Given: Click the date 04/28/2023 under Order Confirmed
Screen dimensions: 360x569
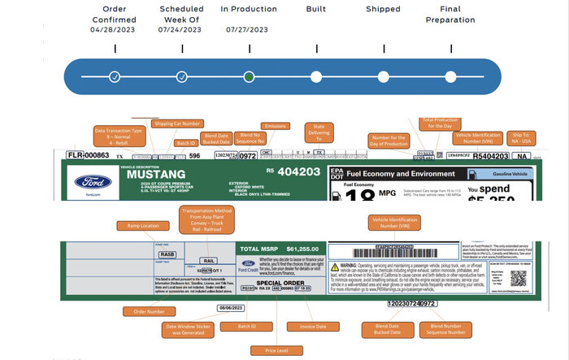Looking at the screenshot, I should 115,29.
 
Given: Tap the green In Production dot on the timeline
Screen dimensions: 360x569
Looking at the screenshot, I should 249,77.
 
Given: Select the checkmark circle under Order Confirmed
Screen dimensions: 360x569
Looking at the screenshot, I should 115,77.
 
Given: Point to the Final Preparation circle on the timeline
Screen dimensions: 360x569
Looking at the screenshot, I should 450,77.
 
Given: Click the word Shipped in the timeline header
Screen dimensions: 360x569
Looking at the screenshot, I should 383,9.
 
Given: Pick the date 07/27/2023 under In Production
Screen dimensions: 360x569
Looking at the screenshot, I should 248,29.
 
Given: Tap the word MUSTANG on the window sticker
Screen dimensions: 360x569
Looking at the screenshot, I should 147,175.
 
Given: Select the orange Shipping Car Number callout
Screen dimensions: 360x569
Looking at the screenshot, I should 176,124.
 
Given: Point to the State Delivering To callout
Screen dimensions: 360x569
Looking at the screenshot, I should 319,132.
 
